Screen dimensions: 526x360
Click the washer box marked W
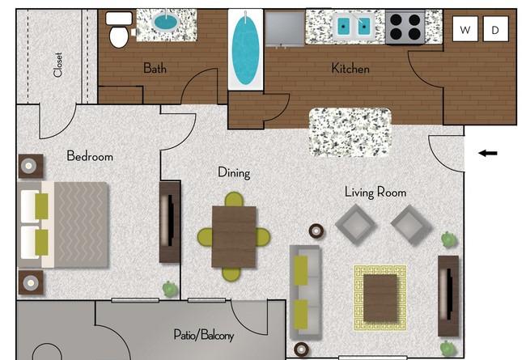point(465,29)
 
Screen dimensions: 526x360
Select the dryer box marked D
point(495,29)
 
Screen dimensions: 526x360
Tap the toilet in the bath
point(119,30)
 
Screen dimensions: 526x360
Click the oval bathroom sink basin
point(166,22)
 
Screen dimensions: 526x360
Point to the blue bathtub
point(245,49)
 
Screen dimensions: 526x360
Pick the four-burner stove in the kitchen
point(405,27)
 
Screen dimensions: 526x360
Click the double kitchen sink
point(354,25)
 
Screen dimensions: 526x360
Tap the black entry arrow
point(488,154)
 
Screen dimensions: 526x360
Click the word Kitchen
point(350,69)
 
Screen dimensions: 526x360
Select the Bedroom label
point(90,156)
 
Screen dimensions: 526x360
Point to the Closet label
point(57,65)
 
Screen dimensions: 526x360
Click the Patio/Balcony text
point(204,335)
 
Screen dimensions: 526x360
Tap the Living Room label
point(375,193)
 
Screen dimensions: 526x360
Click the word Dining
point(234,172)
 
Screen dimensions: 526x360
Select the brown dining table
point(234,236)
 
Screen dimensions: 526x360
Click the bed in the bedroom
point(64,225)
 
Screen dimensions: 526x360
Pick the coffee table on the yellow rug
point(380,298)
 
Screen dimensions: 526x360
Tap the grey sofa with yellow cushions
point(305,292)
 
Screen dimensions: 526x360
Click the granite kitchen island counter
point(350,132)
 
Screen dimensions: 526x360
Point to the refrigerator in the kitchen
point(285,28)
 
